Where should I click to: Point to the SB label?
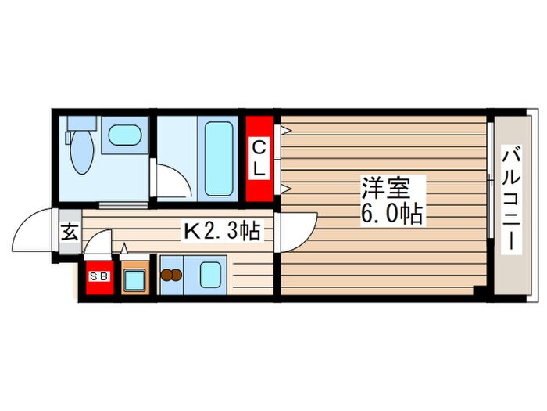click(x=98, y=276)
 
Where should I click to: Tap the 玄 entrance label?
click(x=69, y=232)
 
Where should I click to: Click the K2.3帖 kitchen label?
click(x=221, y=230)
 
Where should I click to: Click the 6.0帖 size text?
click(x=393, y=214)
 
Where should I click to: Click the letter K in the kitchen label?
click(x=191, y=230)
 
